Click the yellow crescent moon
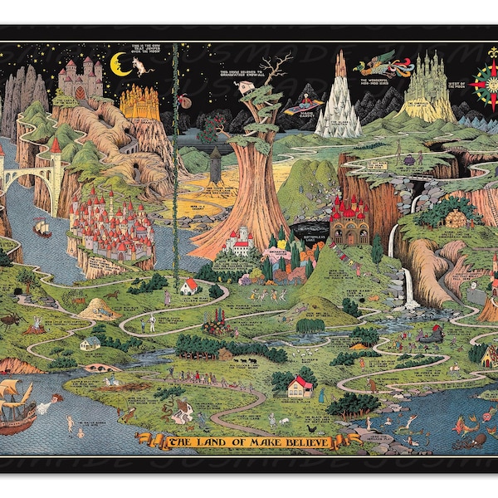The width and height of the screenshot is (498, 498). click(121, 62)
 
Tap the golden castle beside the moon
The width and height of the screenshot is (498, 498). click(139, 101)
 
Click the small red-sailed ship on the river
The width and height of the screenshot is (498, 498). click(41, 226)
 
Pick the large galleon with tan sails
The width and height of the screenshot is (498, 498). click(17, 407)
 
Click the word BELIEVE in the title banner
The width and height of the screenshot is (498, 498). click(303, 442)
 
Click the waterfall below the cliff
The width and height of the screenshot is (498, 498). click(408, 286)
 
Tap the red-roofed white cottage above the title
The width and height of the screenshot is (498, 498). click(298, 387)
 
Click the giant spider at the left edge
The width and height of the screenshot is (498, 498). click(11, 317)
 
